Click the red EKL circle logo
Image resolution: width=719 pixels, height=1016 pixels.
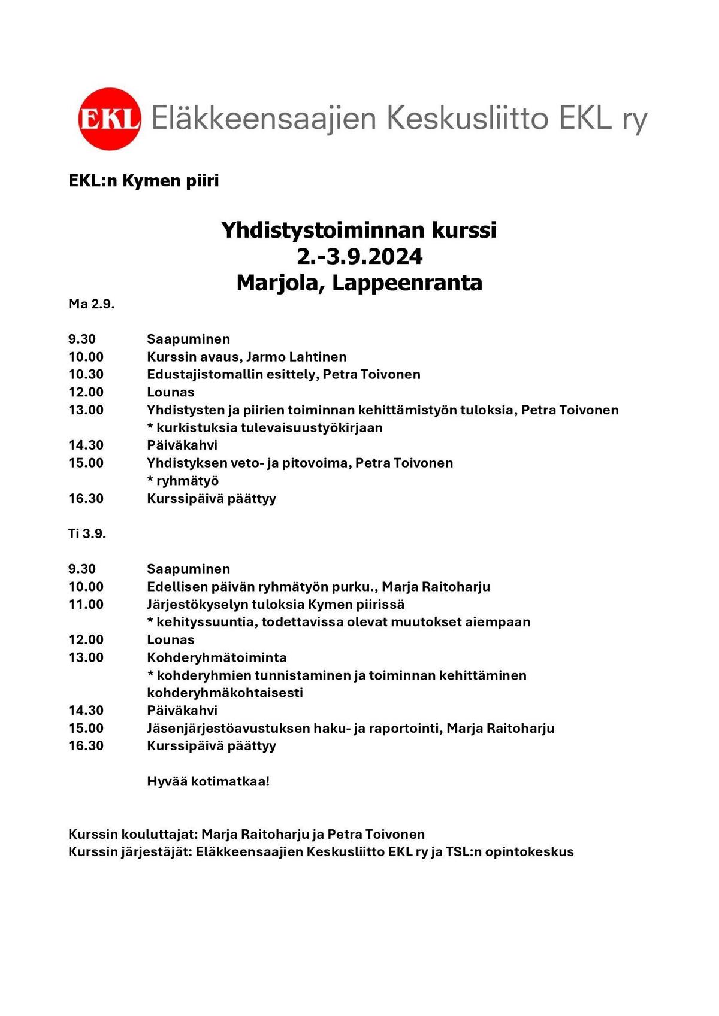pos(110,119)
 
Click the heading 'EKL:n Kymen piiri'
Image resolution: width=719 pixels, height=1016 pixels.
pos(144,180)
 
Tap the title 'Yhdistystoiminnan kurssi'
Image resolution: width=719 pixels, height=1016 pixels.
pos(359,230)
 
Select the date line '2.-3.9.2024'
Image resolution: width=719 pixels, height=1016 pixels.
pos(359,256)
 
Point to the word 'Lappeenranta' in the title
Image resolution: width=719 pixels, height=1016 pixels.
pos(407,283)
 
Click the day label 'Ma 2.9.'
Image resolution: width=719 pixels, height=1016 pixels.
pos(91,304)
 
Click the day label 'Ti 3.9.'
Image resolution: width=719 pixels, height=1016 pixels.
pos(87,533)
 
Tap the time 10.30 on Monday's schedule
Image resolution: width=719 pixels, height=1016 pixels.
pos(86,375)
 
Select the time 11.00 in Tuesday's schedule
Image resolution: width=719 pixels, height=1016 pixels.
pos(86,605)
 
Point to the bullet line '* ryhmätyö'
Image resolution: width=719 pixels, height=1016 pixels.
pos(183,481)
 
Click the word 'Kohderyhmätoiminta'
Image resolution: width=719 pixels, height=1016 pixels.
pos(217,657)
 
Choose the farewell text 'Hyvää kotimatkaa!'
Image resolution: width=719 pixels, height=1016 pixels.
pos(209,781)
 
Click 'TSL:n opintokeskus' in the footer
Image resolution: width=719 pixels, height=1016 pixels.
pos(509,851)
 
